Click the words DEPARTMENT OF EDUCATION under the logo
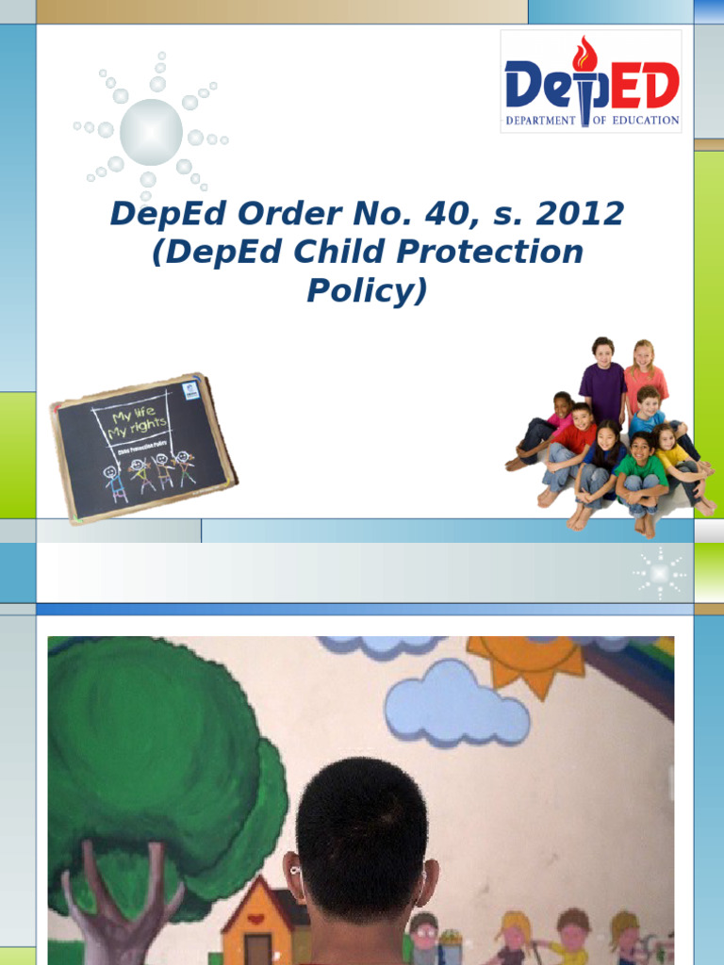coord(592,121)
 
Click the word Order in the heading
coord(281,215)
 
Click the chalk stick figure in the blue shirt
coord(114,482)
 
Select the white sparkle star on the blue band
coord(660,573)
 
